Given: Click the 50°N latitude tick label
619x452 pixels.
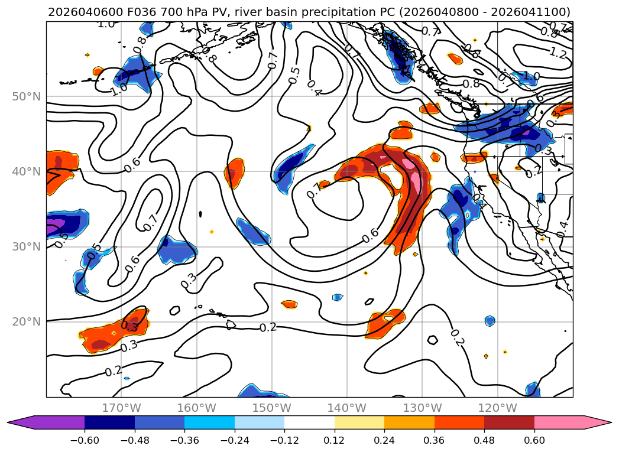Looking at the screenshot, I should pos(27,97).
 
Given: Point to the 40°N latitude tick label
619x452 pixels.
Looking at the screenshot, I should pos(27,172).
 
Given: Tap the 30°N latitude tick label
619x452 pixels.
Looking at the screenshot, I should pos(27,247).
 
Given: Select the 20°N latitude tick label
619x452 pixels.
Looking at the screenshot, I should pos(27,322).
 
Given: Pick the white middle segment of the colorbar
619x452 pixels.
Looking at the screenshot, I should pos(309,422).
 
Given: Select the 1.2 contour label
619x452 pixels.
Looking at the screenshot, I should pos(558,53).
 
